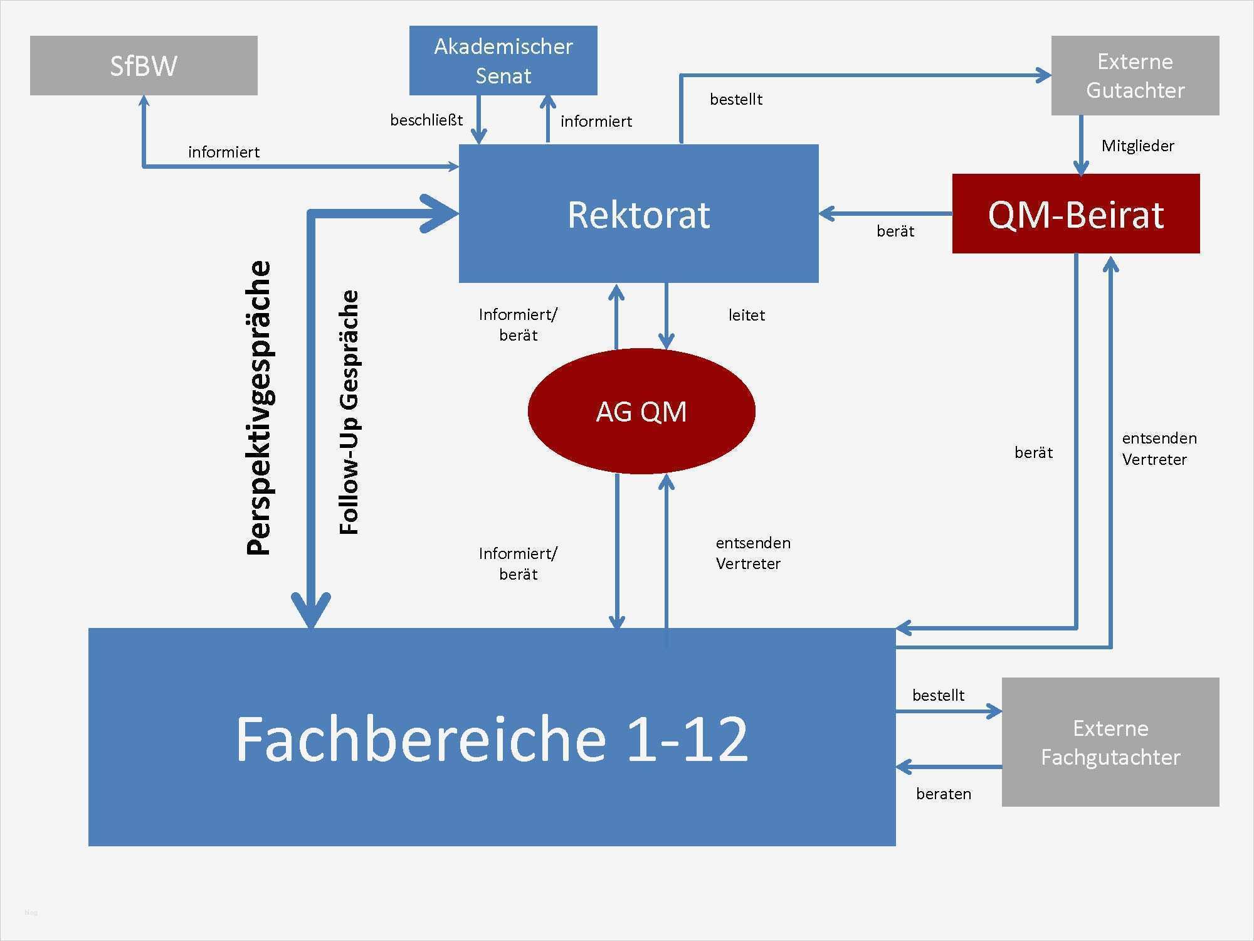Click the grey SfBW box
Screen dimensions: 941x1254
(x=144, y=65)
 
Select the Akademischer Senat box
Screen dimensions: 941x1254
(x=503, y=60)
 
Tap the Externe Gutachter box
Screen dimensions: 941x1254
(x=1135, y=75)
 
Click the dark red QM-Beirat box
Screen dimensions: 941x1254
(x=1075, y=214)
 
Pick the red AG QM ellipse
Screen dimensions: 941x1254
(x=641, y=412)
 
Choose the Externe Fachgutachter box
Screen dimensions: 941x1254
(x=1110, y=742)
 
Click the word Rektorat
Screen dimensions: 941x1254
(x=638, y=215)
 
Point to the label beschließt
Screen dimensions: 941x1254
(x=426, y=120)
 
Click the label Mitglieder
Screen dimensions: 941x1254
(x=1137, y=146)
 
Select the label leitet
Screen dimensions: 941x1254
(x=746, y=315)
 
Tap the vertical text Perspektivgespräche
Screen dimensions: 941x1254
(x=258, y=408)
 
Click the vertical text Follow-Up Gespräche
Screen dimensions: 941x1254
(x=349, y=412)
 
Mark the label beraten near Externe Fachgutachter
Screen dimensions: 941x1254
(x=943, y=794)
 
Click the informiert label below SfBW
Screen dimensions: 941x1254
(x=224, y=152)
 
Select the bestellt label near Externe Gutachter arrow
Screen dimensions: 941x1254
(x=736, y=99)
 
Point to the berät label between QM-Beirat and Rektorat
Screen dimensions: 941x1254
(x=895, y=231)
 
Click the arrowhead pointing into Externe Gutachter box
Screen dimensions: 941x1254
(x=1043, y=76)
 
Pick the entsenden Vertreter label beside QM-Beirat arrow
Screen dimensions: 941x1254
(x=1159, y=449)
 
